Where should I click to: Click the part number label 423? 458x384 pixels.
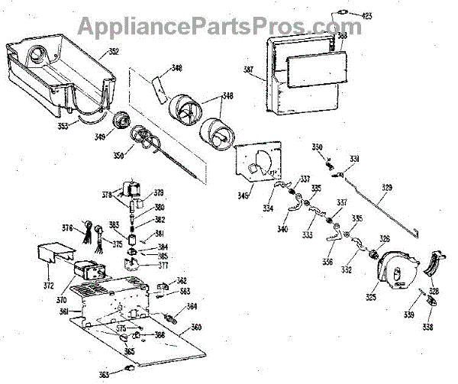point(366,15)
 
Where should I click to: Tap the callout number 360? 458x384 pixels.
point(196,328)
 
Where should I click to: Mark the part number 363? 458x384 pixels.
point(104,373)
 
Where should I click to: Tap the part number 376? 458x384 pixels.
point(66,227)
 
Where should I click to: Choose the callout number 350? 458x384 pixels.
point(119,155)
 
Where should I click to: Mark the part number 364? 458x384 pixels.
point(192,307)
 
